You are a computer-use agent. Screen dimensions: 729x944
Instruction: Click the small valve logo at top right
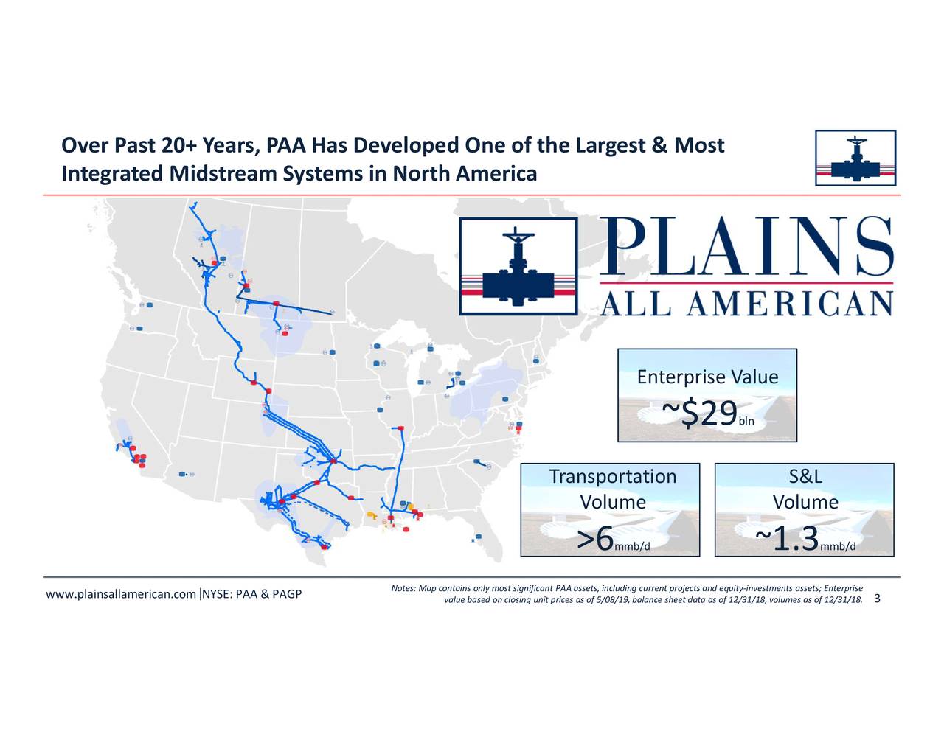coord(855,158)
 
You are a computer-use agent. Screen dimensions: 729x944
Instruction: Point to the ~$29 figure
coord(699,414)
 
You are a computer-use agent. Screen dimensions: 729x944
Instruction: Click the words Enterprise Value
coord(707,377)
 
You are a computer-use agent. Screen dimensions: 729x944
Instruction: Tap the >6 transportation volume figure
coord(596,540)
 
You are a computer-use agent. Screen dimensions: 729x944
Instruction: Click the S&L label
coord(805,477)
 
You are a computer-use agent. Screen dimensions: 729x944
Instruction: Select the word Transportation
coord(612,477)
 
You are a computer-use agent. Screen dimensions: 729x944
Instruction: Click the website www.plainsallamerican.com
coord(121,595)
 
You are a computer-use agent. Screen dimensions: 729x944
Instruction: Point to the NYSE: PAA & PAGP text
coord(252,595)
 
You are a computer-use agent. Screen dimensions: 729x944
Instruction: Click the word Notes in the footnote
coord(403,588)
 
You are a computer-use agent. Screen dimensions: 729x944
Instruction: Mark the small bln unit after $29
coord(746,422)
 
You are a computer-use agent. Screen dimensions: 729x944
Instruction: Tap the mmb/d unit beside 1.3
coord(838,546)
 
